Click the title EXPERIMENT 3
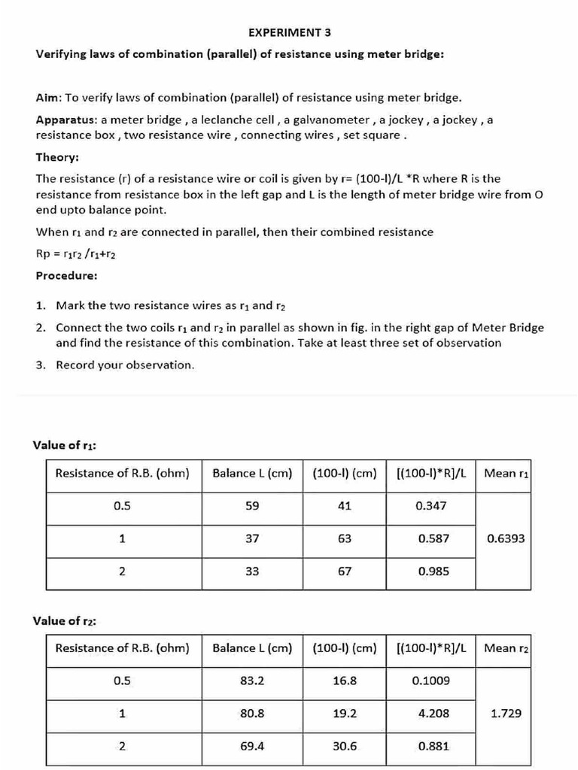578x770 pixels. pyautogui.click(x=289, y=32)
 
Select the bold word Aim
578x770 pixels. pyautogui.click(x=48, y=98)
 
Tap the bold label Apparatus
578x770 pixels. pyautogui.click(x=66, y=120)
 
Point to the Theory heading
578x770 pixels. pyautogui.click(x=57, y=157)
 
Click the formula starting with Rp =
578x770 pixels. pyautogui.click(x=75, y=254)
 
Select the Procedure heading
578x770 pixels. pyautogui.click(x=66, y=275)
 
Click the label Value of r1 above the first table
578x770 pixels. pyautogui.click(x=64, y=445)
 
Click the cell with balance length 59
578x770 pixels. pyautogui.click(x=252, y=506)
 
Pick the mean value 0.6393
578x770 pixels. pyautogui.click(x=506, y=538)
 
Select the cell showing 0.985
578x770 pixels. pyautogui.click(x=433, y=571)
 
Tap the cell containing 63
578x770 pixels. pyautogui.click(x=344, y=538)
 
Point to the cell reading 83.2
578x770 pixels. pyautogui.click(x=252, y=681)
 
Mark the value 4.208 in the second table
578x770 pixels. pyautogui.click(x=433, y=714)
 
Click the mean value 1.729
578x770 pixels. pyautogui.click(x=506, y=714)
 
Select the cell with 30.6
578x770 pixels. pyautogui.click(x=344, y=747)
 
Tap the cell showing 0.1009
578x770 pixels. pyautogui.click(x=430, y=681)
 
